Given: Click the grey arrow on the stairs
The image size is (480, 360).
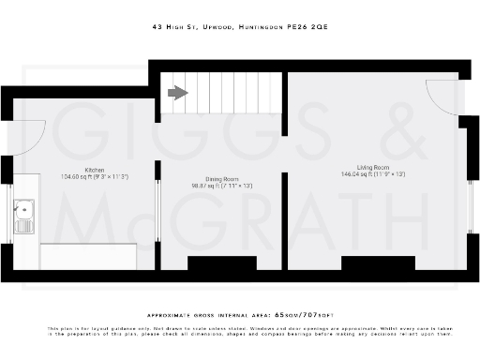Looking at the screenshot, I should (176, 92).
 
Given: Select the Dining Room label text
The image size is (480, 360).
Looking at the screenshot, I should (222, 179).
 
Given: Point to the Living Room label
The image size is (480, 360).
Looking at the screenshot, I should (372, 167).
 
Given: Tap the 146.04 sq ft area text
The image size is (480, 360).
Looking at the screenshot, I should (372, 174).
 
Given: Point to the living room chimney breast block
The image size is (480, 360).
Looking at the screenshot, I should (378, 263).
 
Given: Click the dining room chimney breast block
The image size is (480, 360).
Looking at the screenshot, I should (222, 263).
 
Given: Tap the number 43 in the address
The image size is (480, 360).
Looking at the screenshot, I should (156, 28).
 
